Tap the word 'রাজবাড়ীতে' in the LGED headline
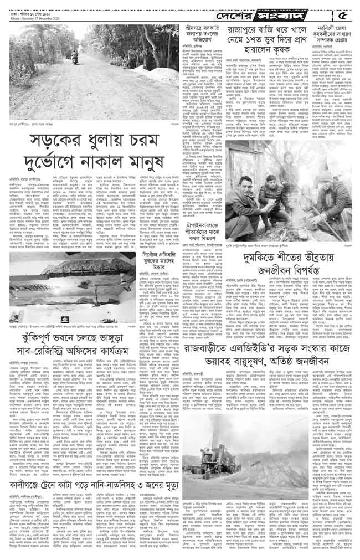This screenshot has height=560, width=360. (217, 349)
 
